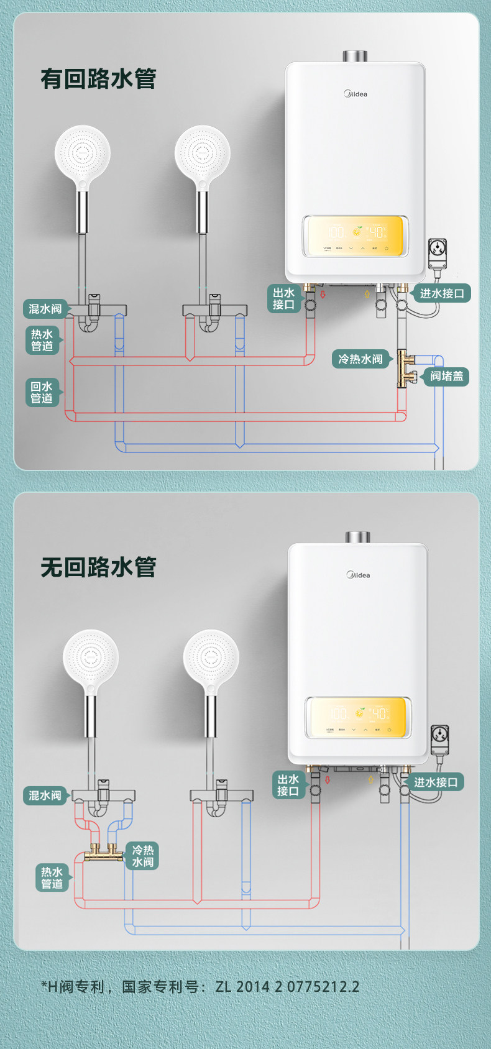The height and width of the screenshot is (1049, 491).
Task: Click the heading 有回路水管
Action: (98, 79)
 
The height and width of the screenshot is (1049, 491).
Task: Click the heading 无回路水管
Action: (98, 567)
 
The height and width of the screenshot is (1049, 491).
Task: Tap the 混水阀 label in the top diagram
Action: (45, 309)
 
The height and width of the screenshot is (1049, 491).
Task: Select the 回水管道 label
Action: (42, 392)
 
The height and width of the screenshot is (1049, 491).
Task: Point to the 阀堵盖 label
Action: (446, 376)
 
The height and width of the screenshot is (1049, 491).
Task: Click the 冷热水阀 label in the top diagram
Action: (360, 359)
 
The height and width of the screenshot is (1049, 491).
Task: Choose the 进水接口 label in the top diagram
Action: (442, 293)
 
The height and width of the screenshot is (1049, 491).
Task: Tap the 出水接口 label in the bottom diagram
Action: (288, 785)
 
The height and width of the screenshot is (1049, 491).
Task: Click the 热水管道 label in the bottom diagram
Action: (52, 877)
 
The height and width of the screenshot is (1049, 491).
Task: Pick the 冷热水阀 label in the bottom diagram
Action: (143, 856)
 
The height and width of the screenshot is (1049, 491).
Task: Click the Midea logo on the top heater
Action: (356, 94)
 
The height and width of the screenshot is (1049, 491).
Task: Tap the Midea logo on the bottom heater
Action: (359, 575)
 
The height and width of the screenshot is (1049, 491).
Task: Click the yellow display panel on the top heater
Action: (355, 236)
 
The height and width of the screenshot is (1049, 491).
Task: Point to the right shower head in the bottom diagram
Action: (211, 658)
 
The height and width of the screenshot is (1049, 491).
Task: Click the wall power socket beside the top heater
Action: (438, 253)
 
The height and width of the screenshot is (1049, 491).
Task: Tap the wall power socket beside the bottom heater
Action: (440, 740)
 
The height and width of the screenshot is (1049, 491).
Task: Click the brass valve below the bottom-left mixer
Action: (103, 854)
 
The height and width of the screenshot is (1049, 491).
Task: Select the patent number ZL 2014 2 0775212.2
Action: (287, 986)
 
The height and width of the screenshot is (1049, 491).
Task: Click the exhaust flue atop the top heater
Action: (355, 56)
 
